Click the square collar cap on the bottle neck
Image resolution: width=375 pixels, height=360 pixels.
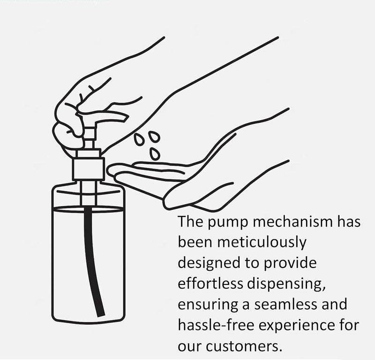[x=88, y=169]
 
